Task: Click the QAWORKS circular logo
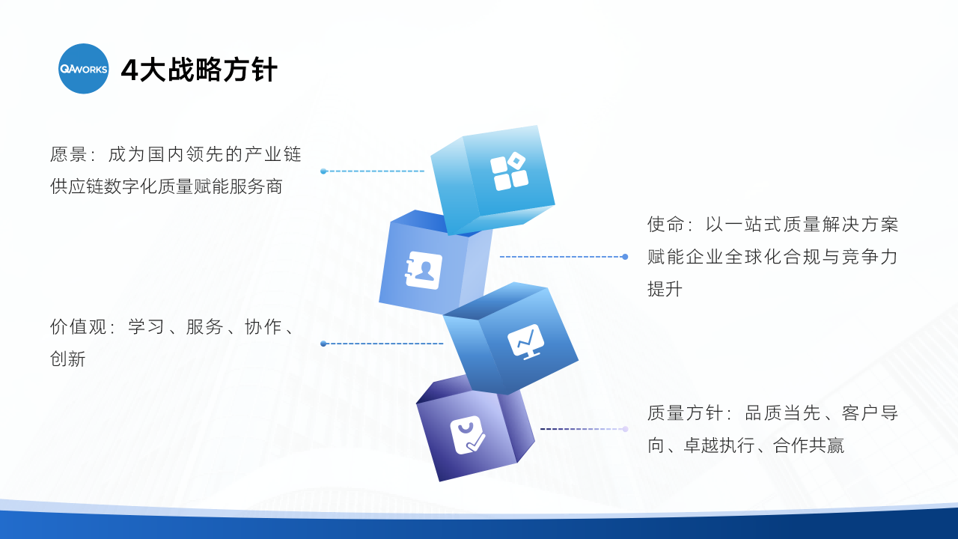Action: (x=83, y=68)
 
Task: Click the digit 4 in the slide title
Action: (x=129, y=70)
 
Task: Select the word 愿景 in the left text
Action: (x=68, y=154)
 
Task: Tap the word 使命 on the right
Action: (x=665, y=224)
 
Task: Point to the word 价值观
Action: (x=78, y=327)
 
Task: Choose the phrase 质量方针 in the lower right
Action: (x=684, y=412)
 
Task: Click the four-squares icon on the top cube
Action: (x=509, y=171)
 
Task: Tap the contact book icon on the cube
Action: (x=424, y=270)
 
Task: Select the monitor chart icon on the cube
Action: (x=526, y=341)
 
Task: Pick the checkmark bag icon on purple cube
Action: (x=468, y=435)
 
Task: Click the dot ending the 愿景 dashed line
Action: (x=323, y=171)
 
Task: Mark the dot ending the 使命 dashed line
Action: (x=625, y=257)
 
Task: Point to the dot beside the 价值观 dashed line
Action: (x=323, y=344)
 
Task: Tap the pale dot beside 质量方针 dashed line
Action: (x=625, y=429)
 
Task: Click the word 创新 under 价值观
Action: (x=67, y=359)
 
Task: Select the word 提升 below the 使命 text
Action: (x=665, y=289)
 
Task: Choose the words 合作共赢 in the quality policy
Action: (x=808, y=445)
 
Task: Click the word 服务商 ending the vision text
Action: (x=256, y=186)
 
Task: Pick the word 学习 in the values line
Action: (x=146, y=327)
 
